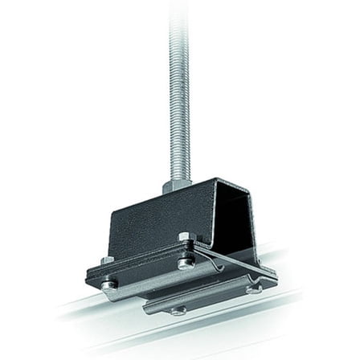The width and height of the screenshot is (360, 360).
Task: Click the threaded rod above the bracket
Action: [x=178, y=96]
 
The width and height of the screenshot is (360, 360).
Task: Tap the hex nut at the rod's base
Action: [x=177, y=186]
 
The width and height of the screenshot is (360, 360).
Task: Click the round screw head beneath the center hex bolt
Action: [x=186, y=262]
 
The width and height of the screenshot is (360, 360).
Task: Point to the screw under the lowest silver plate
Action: [x=178, y=310]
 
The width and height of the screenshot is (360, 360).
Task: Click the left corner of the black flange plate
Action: [x=88, y=277]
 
